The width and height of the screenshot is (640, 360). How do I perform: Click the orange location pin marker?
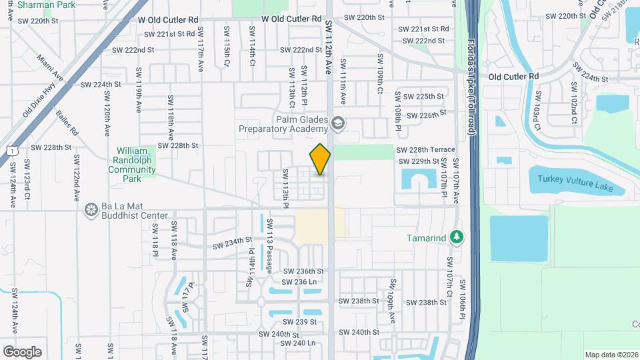pos(320,159)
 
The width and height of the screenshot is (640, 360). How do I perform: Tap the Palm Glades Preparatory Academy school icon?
pos(338,122)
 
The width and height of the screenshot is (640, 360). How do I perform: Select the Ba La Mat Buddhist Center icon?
pos(91,211)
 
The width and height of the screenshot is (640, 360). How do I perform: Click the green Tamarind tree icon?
pos(457,237)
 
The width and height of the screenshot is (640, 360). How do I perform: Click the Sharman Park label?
pos(47,5)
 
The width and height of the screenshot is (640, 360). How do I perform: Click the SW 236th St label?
pos(303,271)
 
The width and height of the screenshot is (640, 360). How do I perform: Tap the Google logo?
pos(22,351)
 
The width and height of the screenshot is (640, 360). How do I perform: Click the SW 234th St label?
pos(232,243)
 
